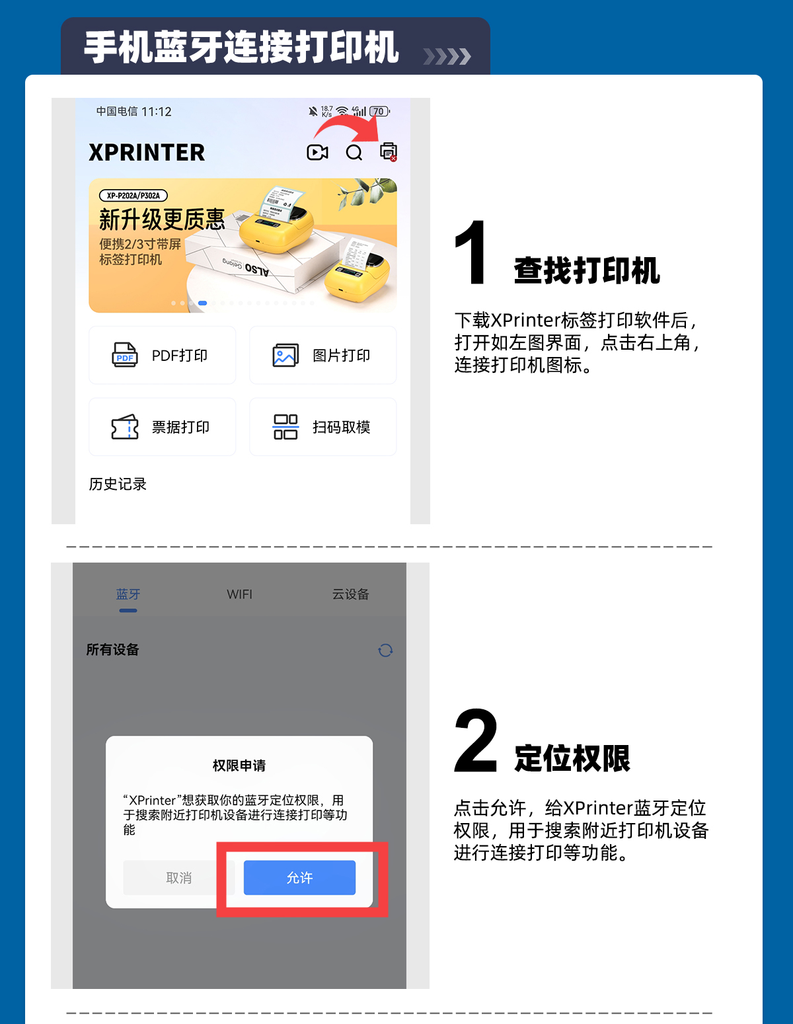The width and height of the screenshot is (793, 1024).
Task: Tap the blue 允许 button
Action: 299,877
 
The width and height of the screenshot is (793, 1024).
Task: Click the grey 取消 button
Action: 178,877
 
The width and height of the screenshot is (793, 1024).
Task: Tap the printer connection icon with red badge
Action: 389,152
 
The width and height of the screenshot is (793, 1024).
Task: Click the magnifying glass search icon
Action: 354,152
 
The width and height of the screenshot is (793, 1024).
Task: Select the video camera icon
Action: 317,152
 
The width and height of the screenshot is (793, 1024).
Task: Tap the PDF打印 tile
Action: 162,355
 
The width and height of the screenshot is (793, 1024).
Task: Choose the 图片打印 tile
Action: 323,355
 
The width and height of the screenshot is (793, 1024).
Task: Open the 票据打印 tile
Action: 162,427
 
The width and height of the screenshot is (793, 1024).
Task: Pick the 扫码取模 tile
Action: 323,427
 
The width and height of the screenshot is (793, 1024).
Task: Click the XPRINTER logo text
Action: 147,152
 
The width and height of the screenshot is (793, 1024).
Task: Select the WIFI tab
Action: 239,594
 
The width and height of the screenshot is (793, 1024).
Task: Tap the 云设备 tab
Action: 350,594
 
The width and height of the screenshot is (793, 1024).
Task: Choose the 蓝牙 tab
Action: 128,594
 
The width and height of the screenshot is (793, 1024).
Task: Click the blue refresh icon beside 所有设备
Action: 385,650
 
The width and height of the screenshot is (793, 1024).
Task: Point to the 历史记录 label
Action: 118,484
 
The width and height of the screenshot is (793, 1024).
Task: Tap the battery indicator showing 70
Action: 379,111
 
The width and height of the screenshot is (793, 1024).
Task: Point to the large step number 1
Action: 471,253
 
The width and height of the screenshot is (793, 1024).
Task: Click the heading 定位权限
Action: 572,758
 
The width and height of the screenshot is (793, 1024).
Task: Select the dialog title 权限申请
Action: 239,766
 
